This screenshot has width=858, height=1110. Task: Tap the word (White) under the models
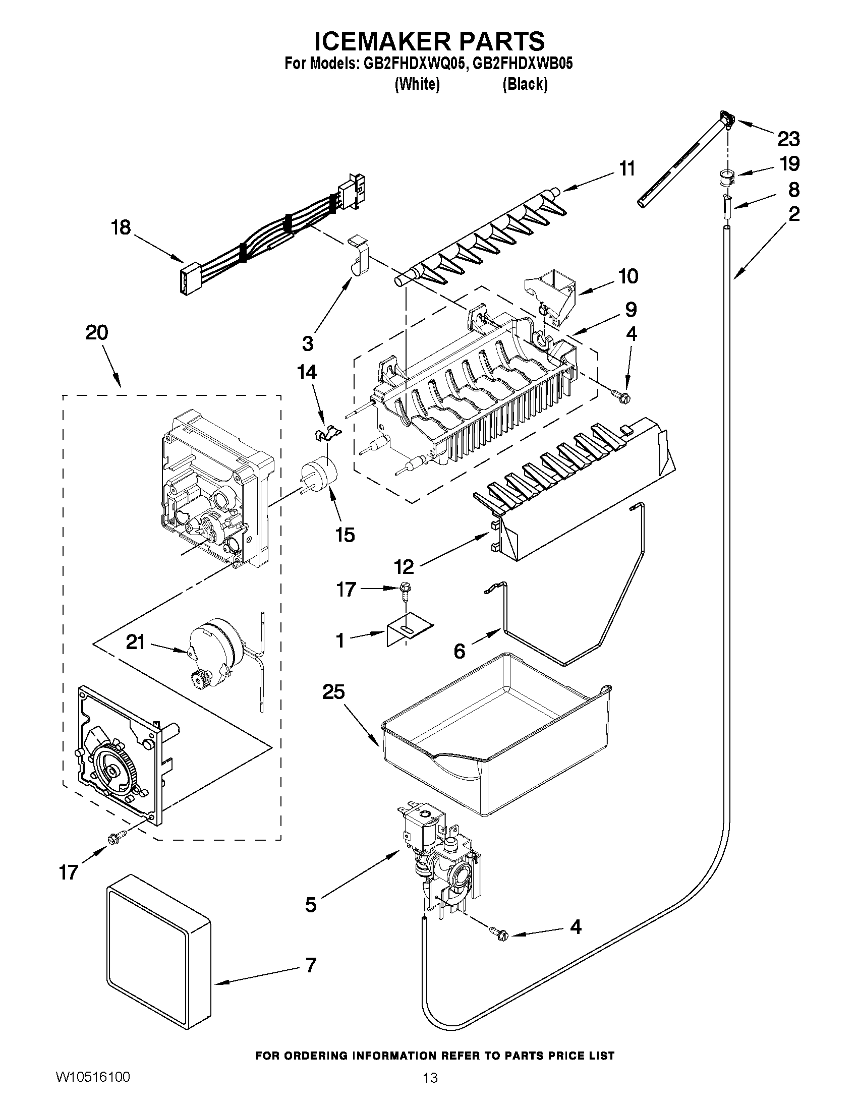[417, 84]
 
